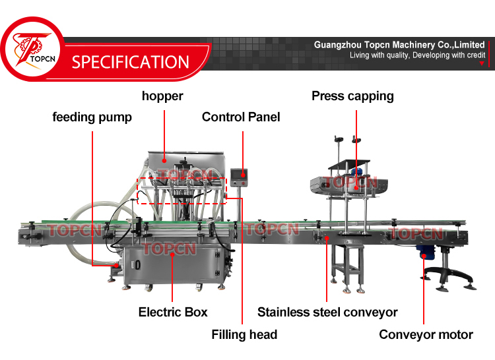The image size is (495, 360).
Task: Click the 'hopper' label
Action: tap(162, 96)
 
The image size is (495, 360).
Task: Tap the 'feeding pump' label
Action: tap(92, 117)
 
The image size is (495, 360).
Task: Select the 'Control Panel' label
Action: tap(241, 117)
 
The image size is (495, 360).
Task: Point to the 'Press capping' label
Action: tap(352, 96)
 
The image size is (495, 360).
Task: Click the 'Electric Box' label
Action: tap(173, 312)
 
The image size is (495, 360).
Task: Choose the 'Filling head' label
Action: tap(244, 335)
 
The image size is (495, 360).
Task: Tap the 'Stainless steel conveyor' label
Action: tap(327, 312)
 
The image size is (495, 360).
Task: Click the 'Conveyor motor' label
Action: tap(426, 335)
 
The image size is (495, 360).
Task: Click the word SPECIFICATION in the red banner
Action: tap(131, 63)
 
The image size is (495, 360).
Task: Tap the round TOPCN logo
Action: tap(31, 53)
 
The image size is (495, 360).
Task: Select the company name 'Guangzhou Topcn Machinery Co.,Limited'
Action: tap(399, 45)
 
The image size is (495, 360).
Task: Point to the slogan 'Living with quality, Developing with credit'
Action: tap(418, 55)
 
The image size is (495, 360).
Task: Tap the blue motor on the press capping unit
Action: tap(358, 173)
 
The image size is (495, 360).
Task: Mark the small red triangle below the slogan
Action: tap(482, 64)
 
